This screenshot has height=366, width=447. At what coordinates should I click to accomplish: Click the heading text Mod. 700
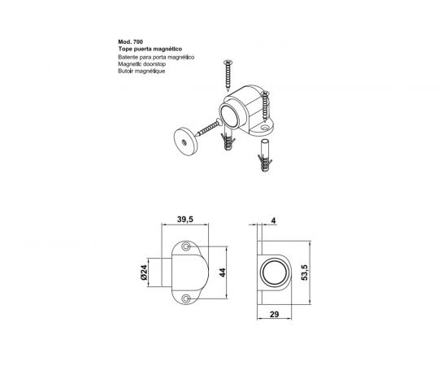tap(131, 42)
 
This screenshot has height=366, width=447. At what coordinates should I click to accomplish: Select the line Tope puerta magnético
tap(150, 49)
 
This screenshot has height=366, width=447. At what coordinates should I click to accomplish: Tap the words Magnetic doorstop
tap(142, 64)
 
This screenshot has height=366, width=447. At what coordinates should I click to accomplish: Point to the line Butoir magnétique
tap(141, 72)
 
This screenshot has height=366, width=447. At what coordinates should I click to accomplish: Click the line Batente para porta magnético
tap(156, 57)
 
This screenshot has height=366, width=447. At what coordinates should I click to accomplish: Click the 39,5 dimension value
tap(185, 220)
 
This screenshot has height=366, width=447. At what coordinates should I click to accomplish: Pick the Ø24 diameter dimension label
tap(144, 272)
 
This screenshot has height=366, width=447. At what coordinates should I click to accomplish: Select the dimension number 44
tap(223, 272)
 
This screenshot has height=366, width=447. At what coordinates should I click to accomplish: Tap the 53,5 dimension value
tap(305, 272)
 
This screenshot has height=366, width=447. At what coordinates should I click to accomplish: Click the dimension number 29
tap(274, 315)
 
